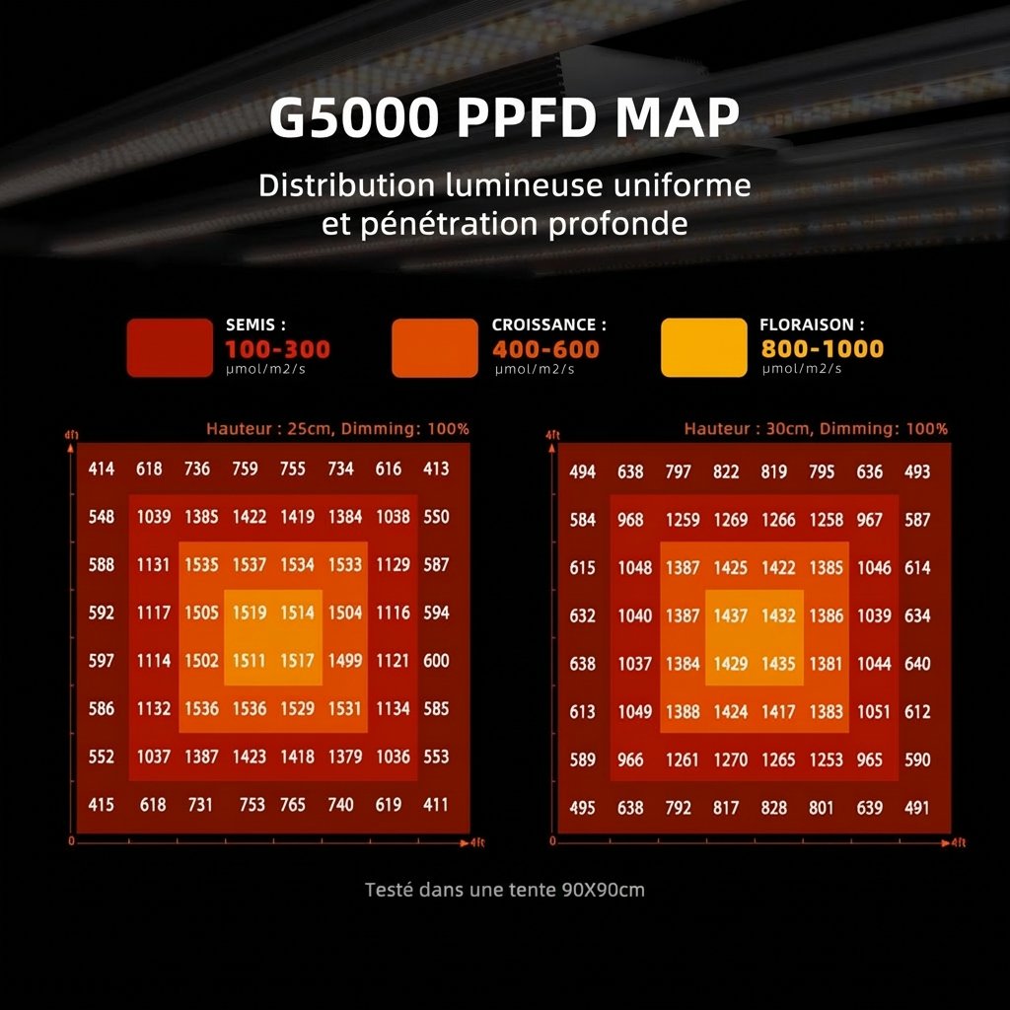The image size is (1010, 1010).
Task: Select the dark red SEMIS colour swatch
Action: (170, 347)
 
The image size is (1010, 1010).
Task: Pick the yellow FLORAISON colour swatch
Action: (703, 347)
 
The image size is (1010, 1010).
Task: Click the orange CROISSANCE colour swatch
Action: (434, 347)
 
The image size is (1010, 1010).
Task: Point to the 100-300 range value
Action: (277, 349)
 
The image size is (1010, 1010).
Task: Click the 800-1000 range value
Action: (822, 348)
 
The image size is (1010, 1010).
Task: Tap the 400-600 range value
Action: (545, 349)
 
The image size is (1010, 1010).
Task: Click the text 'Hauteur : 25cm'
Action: (259, 429)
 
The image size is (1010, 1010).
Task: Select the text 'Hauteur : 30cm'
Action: (737, 429)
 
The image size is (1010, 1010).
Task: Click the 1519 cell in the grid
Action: (250, 613)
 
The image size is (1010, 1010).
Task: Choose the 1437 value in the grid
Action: (731, 615)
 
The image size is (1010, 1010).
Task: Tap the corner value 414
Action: (102, 469)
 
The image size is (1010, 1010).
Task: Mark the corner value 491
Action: (917, 808)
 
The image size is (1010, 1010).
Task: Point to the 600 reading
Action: (436, 661)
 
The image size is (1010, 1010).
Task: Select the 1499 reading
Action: (344, 661)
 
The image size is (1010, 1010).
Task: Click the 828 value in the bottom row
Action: (774, 808)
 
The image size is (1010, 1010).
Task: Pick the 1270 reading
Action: (731, 760)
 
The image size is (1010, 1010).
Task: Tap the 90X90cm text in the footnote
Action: (603, 890)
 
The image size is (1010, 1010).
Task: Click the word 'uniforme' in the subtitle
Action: (680, 185)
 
